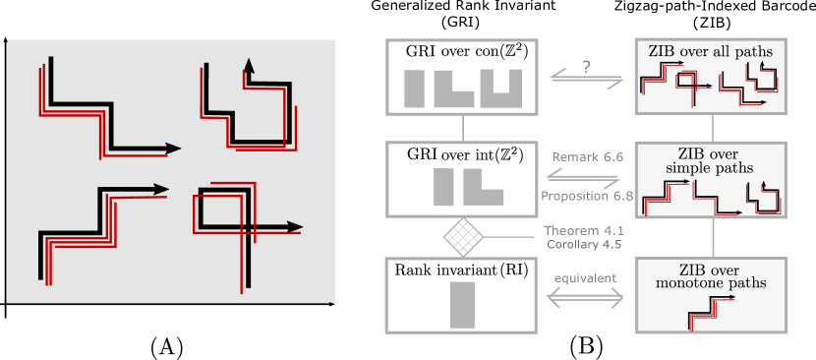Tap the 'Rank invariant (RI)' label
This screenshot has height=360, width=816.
tap(460, 270)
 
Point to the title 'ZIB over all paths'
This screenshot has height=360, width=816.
tap(710, 50)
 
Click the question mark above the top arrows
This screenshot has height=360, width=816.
tap(586, 67)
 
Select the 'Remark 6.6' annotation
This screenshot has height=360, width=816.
tap(584, 156)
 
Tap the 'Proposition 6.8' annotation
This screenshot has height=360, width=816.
tap(587, 196)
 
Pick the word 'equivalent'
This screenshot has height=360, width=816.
tap(585, 278)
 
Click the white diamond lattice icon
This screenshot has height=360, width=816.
tap(462, 236)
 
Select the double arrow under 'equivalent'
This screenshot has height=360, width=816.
tap(585, 299)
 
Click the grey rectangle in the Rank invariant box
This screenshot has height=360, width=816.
tap(462, 305)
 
